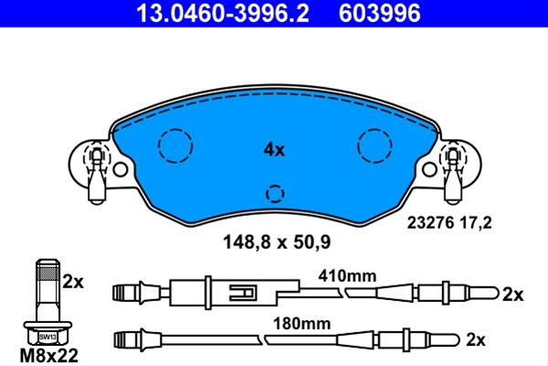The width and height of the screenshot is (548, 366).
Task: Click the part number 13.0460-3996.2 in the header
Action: tap(223, 14)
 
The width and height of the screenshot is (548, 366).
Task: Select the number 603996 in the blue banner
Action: tap(380, 14)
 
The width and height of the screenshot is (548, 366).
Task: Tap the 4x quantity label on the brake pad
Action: tap(274, 150)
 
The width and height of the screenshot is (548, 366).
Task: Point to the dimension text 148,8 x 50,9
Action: tap(277, 242)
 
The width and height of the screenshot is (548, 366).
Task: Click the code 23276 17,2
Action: tap(449, 222)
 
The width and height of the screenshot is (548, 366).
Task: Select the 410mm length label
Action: tap(347, 276)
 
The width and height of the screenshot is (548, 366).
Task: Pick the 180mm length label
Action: tap(301, 324)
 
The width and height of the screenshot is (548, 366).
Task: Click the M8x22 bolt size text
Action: tap(49, 356)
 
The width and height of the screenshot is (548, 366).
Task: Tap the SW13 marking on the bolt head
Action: tap(47, 337)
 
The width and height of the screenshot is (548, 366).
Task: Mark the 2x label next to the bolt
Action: tap(73, 282)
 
